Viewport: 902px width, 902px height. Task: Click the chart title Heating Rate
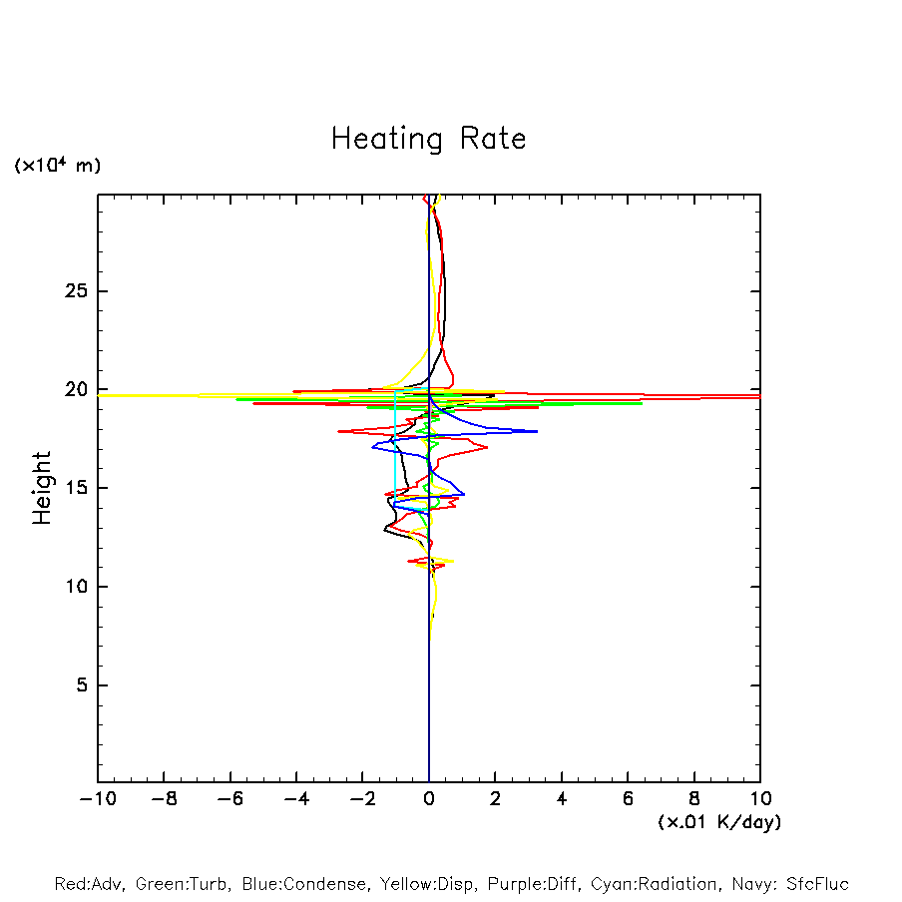(428, 138)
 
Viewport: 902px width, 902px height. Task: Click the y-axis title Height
(42, 488)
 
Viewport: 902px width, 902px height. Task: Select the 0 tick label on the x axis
(429, 799)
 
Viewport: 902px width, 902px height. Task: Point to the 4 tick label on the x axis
(562, 799)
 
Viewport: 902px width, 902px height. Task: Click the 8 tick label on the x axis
(694, 799)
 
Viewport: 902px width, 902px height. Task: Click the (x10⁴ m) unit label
(57, 166)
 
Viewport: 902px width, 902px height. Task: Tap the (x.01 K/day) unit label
(718, 822)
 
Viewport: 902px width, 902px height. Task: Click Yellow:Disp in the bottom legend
(424, 884)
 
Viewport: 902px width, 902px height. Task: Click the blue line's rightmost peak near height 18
(537, 431)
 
